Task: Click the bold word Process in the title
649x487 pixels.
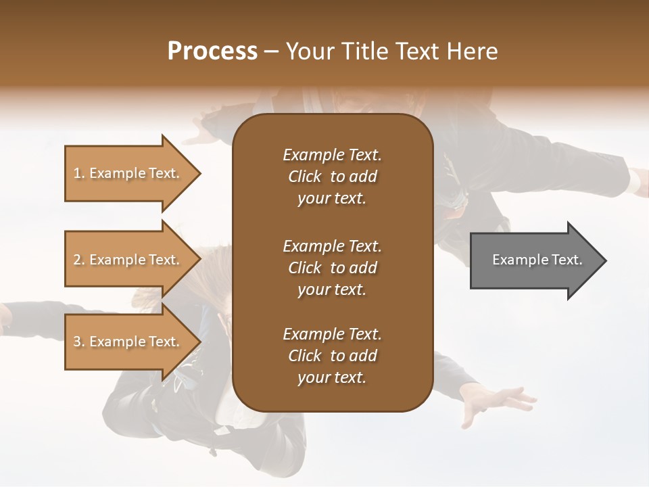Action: (x=212, y=51)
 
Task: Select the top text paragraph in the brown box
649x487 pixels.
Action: (x=332, y=177)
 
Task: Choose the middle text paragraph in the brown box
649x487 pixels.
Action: (x=332, y=267)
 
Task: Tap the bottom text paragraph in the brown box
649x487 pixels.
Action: (x=332, y=356)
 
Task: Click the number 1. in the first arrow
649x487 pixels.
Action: (x=79, y=173)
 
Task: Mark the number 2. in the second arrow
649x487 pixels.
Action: (x=79, y=260)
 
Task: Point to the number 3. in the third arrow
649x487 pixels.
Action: (x=79, y=342)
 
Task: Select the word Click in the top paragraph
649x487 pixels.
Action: (x=305, y=177)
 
